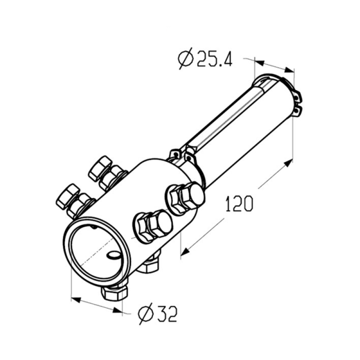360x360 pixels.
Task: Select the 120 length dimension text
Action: click(239, 204)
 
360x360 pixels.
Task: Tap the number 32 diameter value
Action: click(167, 314)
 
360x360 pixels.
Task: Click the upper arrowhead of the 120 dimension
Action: click(289, 163)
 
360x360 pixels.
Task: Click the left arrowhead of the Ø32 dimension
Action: click(76, 300)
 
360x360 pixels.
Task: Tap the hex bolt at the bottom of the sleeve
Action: click(114, 292)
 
